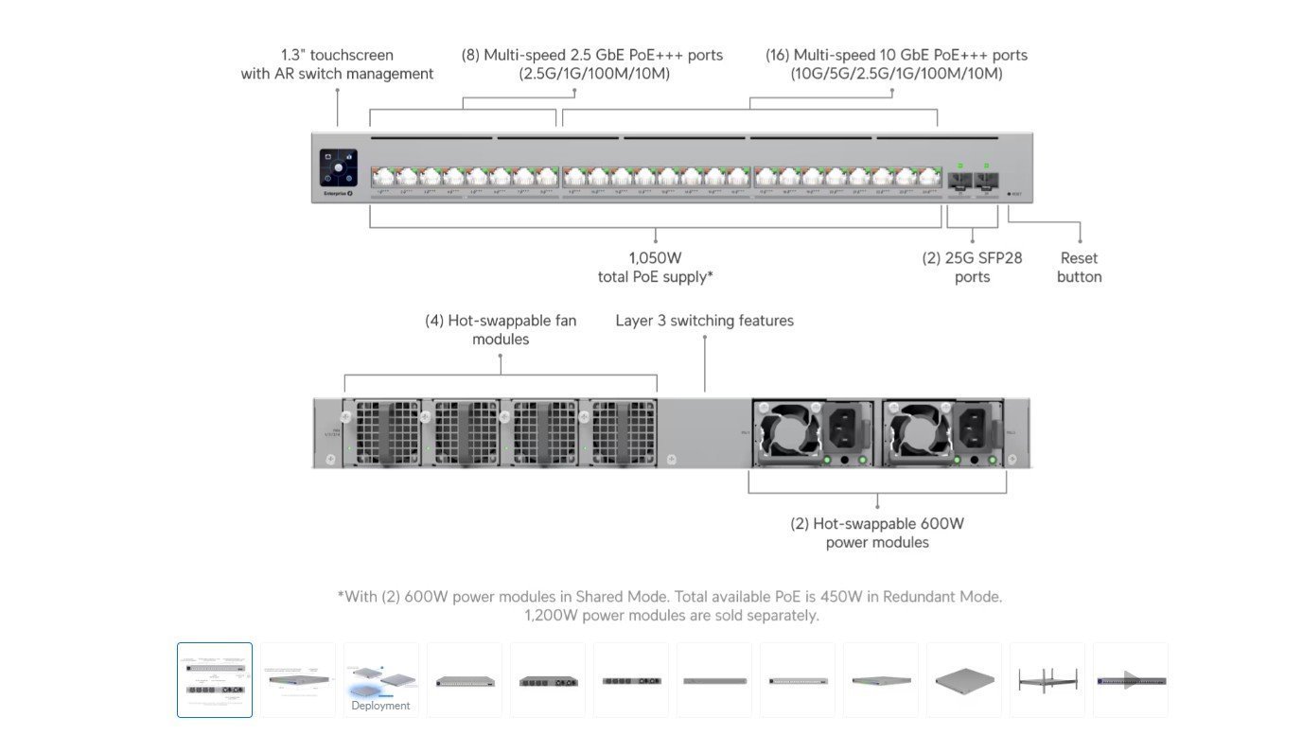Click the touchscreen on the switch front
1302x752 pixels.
338,166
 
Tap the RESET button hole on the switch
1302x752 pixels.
1009,194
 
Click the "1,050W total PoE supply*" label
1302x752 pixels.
655,267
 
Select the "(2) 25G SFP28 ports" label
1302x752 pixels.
972,267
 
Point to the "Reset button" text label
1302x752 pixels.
1079,267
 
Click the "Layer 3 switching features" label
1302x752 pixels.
704,321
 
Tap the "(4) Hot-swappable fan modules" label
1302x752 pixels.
501,329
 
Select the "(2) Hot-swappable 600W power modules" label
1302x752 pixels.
877,533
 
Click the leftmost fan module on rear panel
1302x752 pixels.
382,432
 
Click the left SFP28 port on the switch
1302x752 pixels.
959,180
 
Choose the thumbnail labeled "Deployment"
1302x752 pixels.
380,680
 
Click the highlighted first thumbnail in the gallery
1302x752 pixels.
215,680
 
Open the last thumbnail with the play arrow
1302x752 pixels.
1131,680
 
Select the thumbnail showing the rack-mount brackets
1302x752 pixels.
1047,680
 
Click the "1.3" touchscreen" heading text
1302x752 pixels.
337,55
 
